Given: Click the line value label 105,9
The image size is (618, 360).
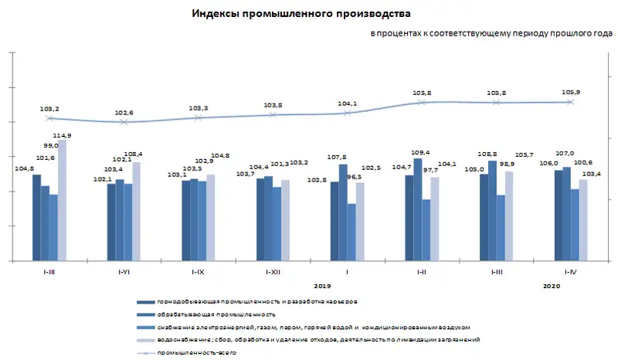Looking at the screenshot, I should click(x=571, y=92).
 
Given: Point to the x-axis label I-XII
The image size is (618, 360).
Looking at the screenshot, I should click(x=273, y=273).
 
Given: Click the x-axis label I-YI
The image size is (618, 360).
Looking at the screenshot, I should click(x=124, y=273).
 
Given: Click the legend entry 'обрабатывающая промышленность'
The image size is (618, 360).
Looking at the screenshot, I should click(x=217, y=314).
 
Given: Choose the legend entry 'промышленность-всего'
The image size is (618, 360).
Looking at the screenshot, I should click(x=196, y=352).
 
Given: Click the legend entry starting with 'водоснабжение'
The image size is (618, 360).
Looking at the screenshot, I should click(x=318, y=340).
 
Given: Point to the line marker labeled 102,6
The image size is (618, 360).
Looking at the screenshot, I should click(x=124, y=122).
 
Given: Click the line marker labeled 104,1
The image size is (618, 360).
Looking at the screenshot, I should click(x=348, y=113).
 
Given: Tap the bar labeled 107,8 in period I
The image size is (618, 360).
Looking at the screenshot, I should click(x=343, y=212).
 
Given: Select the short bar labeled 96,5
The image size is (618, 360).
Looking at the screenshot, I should click(x=351, y=232).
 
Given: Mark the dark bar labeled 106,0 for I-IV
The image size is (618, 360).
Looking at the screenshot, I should click(x=558, y=216).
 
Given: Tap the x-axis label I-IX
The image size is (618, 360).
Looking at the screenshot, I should click(x=198, y=273).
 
